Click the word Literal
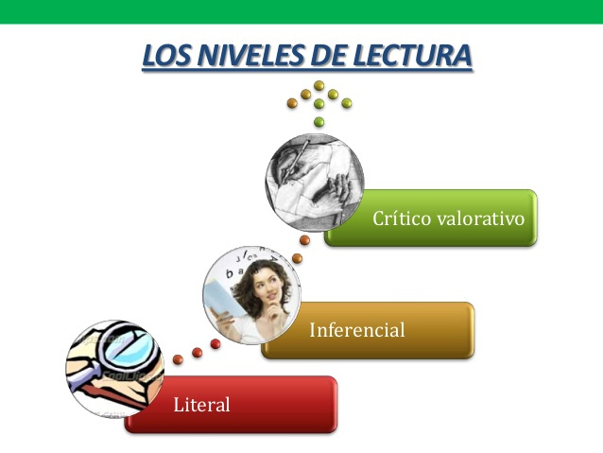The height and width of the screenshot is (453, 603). [202, 405]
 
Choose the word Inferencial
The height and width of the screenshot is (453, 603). [357, 330]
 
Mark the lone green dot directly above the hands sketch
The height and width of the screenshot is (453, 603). [319, 121]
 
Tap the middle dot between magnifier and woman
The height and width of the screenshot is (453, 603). [198, 352]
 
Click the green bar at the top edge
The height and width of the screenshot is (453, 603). [301, 11]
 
